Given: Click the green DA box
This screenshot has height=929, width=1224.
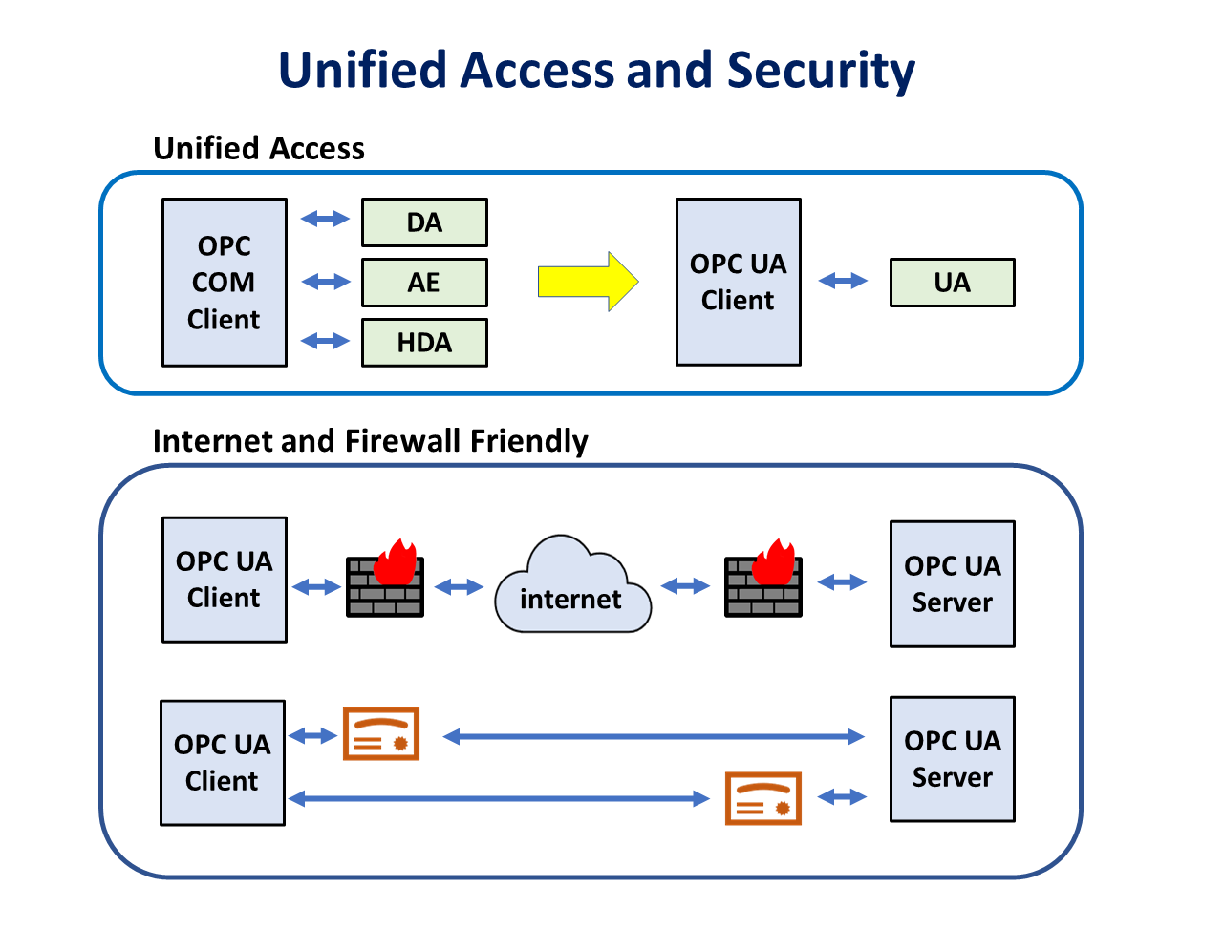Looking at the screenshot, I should pyautogui.click(x=424, y=222).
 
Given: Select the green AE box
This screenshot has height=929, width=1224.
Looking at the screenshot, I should pyautogui.click(x=424, y=283).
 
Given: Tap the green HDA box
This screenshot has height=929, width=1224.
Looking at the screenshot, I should pyautogui.click(x=424, y=343).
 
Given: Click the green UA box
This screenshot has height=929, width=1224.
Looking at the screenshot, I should pyautogui.click(x=952, y=283).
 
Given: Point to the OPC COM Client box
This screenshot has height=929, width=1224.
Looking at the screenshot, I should pyautogui.click(x=225, y=283).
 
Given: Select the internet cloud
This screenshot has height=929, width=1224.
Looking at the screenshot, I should pyautogui.click(x=571, y=587).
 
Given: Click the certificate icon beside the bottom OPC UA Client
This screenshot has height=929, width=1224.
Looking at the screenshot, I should pyautogui.click(x=381, y=734).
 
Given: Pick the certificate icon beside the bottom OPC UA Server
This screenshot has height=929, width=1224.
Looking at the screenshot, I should pyautogui.click(x=762, y=798).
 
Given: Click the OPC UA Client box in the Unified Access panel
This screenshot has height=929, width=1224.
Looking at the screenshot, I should pyautogui.click(x=738, y=283).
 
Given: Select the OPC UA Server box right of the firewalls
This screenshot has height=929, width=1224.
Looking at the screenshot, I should pyautogui.click(x=952, y=584).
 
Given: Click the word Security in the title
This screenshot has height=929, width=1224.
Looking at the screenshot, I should pyautogui.click(x=820, y=71).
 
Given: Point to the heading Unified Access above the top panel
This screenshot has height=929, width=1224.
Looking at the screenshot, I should pyautogui.click(x=259, y=149).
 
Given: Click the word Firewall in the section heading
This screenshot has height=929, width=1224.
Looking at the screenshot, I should pyautogui.click(x=401, y=441).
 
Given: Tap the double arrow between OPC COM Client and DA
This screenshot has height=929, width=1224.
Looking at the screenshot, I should pyautogui.click(x=325, y=220).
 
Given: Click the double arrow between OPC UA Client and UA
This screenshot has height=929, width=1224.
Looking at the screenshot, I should pyautogui.click(x=844, y=281).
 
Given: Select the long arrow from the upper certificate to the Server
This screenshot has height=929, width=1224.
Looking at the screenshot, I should pyautogui.click(x=654, y=736).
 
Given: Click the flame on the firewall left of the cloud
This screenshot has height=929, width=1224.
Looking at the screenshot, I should pyautogui.click(x=396, y=562).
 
